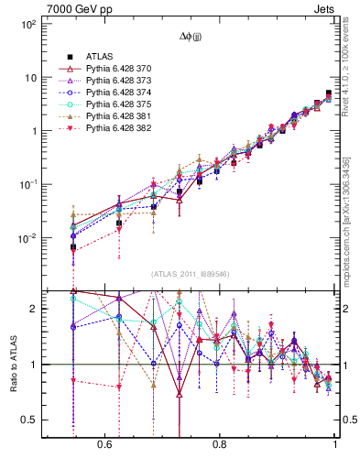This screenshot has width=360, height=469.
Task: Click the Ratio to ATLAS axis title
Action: pyautogui.click(x=15, y=367)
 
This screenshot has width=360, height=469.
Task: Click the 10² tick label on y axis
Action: pyautogui.click(x=27, y=24)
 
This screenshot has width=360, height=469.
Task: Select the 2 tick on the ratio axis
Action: pyautogui.click(x=33, y=309)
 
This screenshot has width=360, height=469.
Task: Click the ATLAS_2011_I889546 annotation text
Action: pyautogui.click(x=191, y=273)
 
